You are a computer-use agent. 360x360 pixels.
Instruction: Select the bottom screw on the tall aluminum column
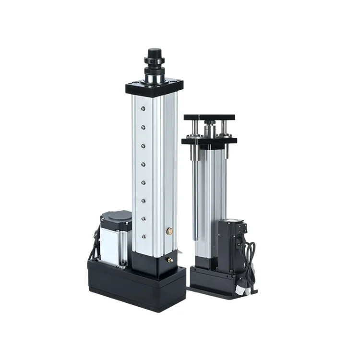pyautogui.click(x=143, y=236)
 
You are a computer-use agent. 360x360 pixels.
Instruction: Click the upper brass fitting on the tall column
pyautogui.click(x=168, y=231)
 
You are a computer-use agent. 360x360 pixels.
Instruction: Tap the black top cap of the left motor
pyautogui.click(x=116, y=218)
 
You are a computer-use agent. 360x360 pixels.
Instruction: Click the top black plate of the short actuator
pyautogui.click(x=209, y=117)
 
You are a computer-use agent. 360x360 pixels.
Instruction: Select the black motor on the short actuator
pyautogui.click(x=229, y=245)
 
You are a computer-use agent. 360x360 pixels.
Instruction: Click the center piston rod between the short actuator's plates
pyautogui.click(x=209, y=130)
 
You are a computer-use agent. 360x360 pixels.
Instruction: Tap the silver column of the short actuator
pyautogui.click(x=209, y=202)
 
